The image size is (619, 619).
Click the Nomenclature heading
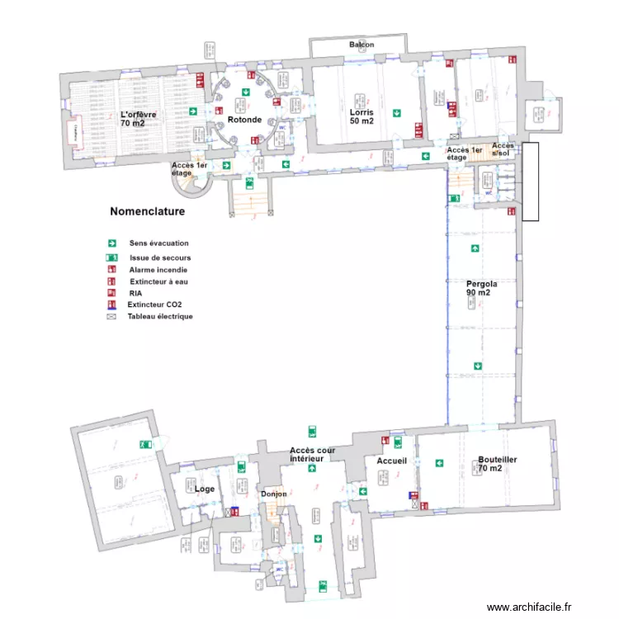click(x=147, y=211)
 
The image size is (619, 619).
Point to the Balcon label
click(x=361, y=45)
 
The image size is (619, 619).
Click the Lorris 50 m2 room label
click(x=361, y=116)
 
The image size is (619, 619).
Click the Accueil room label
click(x=392, y=461)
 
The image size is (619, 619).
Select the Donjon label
click(x=274, y=494)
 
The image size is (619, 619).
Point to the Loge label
click(x=205, y=489)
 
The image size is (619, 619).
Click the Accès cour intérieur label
click(x=312, y=454)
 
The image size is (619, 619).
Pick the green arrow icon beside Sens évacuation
click(x=110, y=243)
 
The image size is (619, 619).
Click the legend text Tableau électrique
click(x=160, y=316)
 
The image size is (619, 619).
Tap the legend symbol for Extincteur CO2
click(x=110, y=305)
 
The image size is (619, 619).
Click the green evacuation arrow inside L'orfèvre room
click(x=192, y=111)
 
